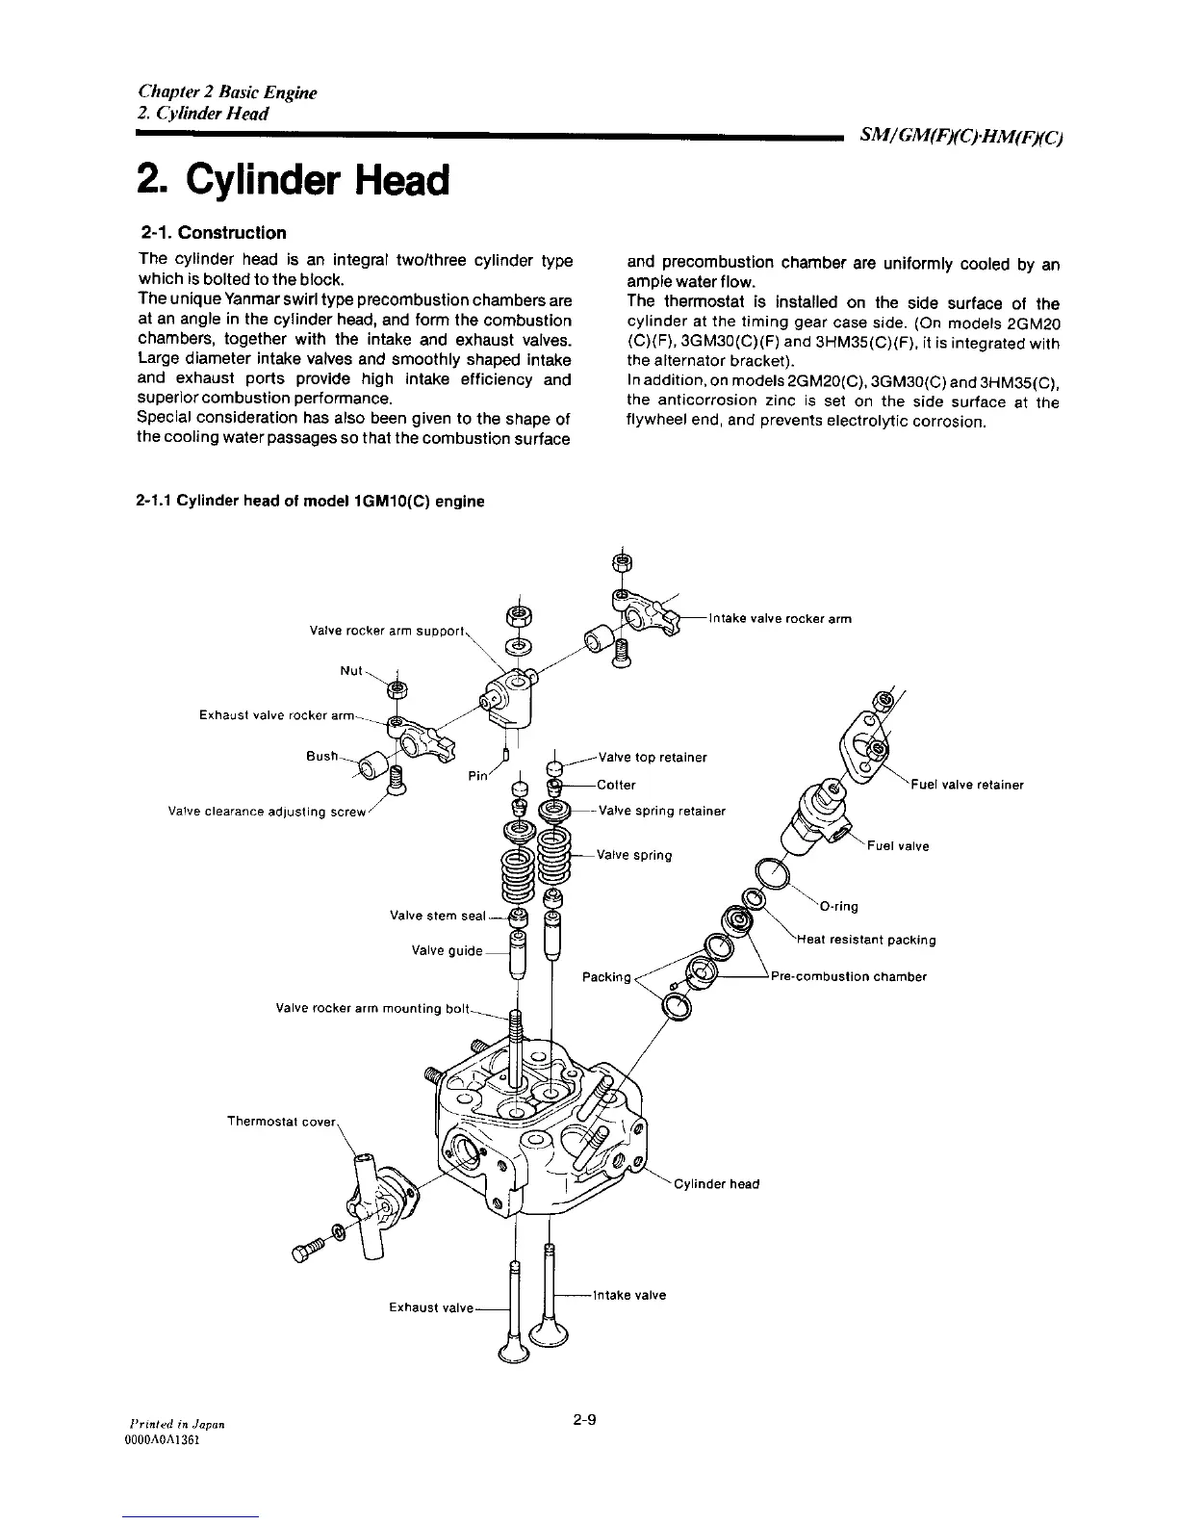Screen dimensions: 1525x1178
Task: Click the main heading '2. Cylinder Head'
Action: click(x=293, y=179)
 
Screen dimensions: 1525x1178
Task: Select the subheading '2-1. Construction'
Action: click(x=213, y=233)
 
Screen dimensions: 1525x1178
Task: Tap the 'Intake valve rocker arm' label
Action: click(x=780, y=618)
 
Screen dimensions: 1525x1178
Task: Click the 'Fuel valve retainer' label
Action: click(x=966, y=784)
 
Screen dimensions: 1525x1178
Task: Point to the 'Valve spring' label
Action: click(x=634, y=855)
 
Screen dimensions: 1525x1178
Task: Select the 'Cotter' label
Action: click(x=616, y=784)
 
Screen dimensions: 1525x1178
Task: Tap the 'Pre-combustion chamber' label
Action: click(x=849, y=976)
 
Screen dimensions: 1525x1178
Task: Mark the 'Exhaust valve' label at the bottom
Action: click(x=431, y=1307)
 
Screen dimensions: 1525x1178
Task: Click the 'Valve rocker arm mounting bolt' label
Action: click(x=372, y=1009)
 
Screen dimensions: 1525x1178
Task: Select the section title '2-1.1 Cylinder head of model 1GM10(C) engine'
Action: click(x=311, y=501)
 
